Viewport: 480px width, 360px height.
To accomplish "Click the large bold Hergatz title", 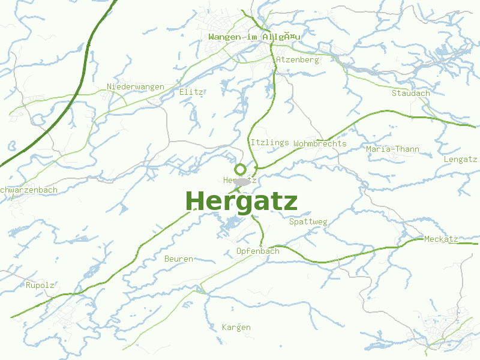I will coord(241,202).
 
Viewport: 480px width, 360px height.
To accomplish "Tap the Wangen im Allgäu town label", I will coord(254,37).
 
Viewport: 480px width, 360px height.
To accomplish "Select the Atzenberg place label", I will coord(298,59).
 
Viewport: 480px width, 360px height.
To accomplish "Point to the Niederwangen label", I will coord(136,87).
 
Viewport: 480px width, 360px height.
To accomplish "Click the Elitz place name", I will coord(191,92).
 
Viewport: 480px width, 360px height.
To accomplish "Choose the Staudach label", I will coord(411,93).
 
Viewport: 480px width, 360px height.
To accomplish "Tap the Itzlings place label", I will coord(270,143).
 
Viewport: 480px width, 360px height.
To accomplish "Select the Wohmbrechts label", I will coord(320,143).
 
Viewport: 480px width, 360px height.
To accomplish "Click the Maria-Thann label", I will coord(392,149).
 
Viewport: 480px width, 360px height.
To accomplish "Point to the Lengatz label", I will coord(460,159).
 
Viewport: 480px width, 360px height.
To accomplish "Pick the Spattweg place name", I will coord(308,222).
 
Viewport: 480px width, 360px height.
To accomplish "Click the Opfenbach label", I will coord(258,251).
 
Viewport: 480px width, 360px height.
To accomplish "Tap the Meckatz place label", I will coord(441,239).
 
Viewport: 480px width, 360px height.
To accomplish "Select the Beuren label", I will coord(179,259).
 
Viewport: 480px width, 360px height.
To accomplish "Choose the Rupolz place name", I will coord(40,285).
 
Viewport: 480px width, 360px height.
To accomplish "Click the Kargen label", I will coord(236,327).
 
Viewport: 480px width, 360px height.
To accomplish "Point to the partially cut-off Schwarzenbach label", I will coord(29,190).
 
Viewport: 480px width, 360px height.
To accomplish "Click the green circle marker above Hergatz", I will coord(241,169).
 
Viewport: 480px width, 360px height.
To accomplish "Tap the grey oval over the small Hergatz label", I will coord(242,181).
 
